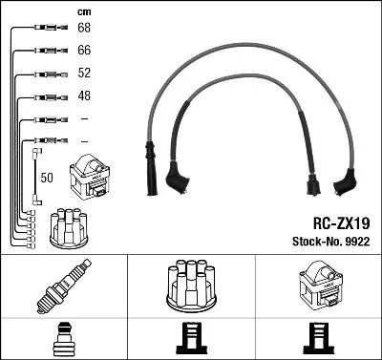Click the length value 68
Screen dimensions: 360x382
pyautogui.click(x=83, y=28)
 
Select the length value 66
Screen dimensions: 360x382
pyautogui.click(x=83, y=50)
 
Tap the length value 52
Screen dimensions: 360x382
pyautogui.click(x=83, y=73)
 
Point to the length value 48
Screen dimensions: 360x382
pyautogui.click(x=83, y=95)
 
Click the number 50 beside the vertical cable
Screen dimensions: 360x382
pyautogui.click(x=46, y=176)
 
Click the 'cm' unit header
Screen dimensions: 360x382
pyautogui.click(x=83, y=11)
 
